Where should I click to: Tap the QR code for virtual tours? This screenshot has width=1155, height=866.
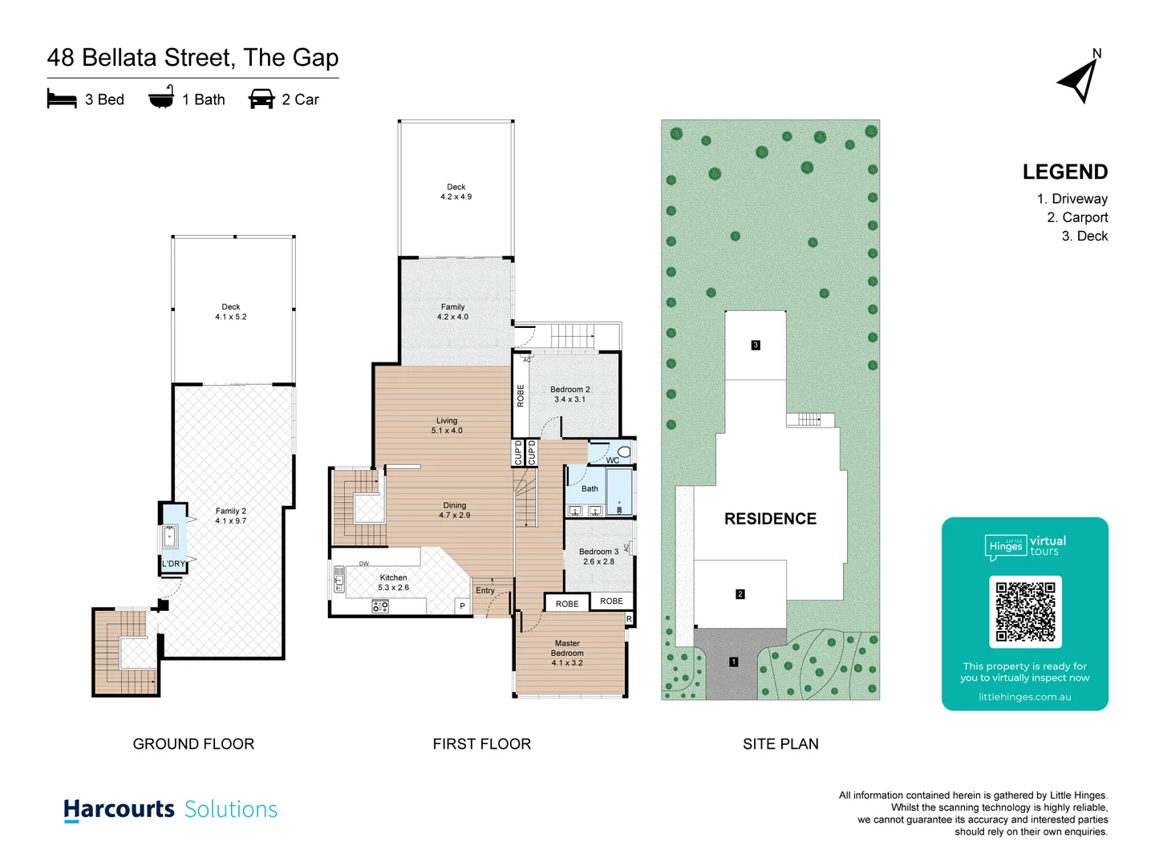[x=1025, y=611]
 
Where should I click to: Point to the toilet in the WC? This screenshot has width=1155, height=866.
[x=624, y=452]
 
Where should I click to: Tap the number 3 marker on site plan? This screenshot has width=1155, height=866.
[x=755, y=345]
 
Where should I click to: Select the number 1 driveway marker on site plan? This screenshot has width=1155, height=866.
[x=733, y=662]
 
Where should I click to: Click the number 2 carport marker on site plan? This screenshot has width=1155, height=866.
[x=740, y=594]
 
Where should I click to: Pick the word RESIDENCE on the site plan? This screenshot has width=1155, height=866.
[x=770, y=519]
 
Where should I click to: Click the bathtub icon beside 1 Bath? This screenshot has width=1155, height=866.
[x=161, y=98]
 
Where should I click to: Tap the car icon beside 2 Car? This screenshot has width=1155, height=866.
[x=261, y=99]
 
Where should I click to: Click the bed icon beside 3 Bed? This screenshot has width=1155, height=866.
[x=62, y=99]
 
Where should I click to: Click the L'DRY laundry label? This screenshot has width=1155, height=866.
[x=173, y=564]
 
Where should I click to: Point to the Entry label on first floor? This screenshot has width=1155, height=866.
[x=485, y=590]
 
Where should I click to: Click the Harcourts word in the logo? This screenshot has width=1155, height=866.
[x=119, y=809]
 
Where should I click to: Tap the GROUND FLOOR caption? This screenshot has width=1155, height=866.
[x=193, y=744]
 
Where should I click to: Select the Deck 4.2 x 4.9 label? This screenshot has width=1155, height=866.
[x=456, y=192]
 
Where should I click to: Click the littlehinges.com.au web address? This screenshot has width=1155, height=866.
[x=1024, y=697]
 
